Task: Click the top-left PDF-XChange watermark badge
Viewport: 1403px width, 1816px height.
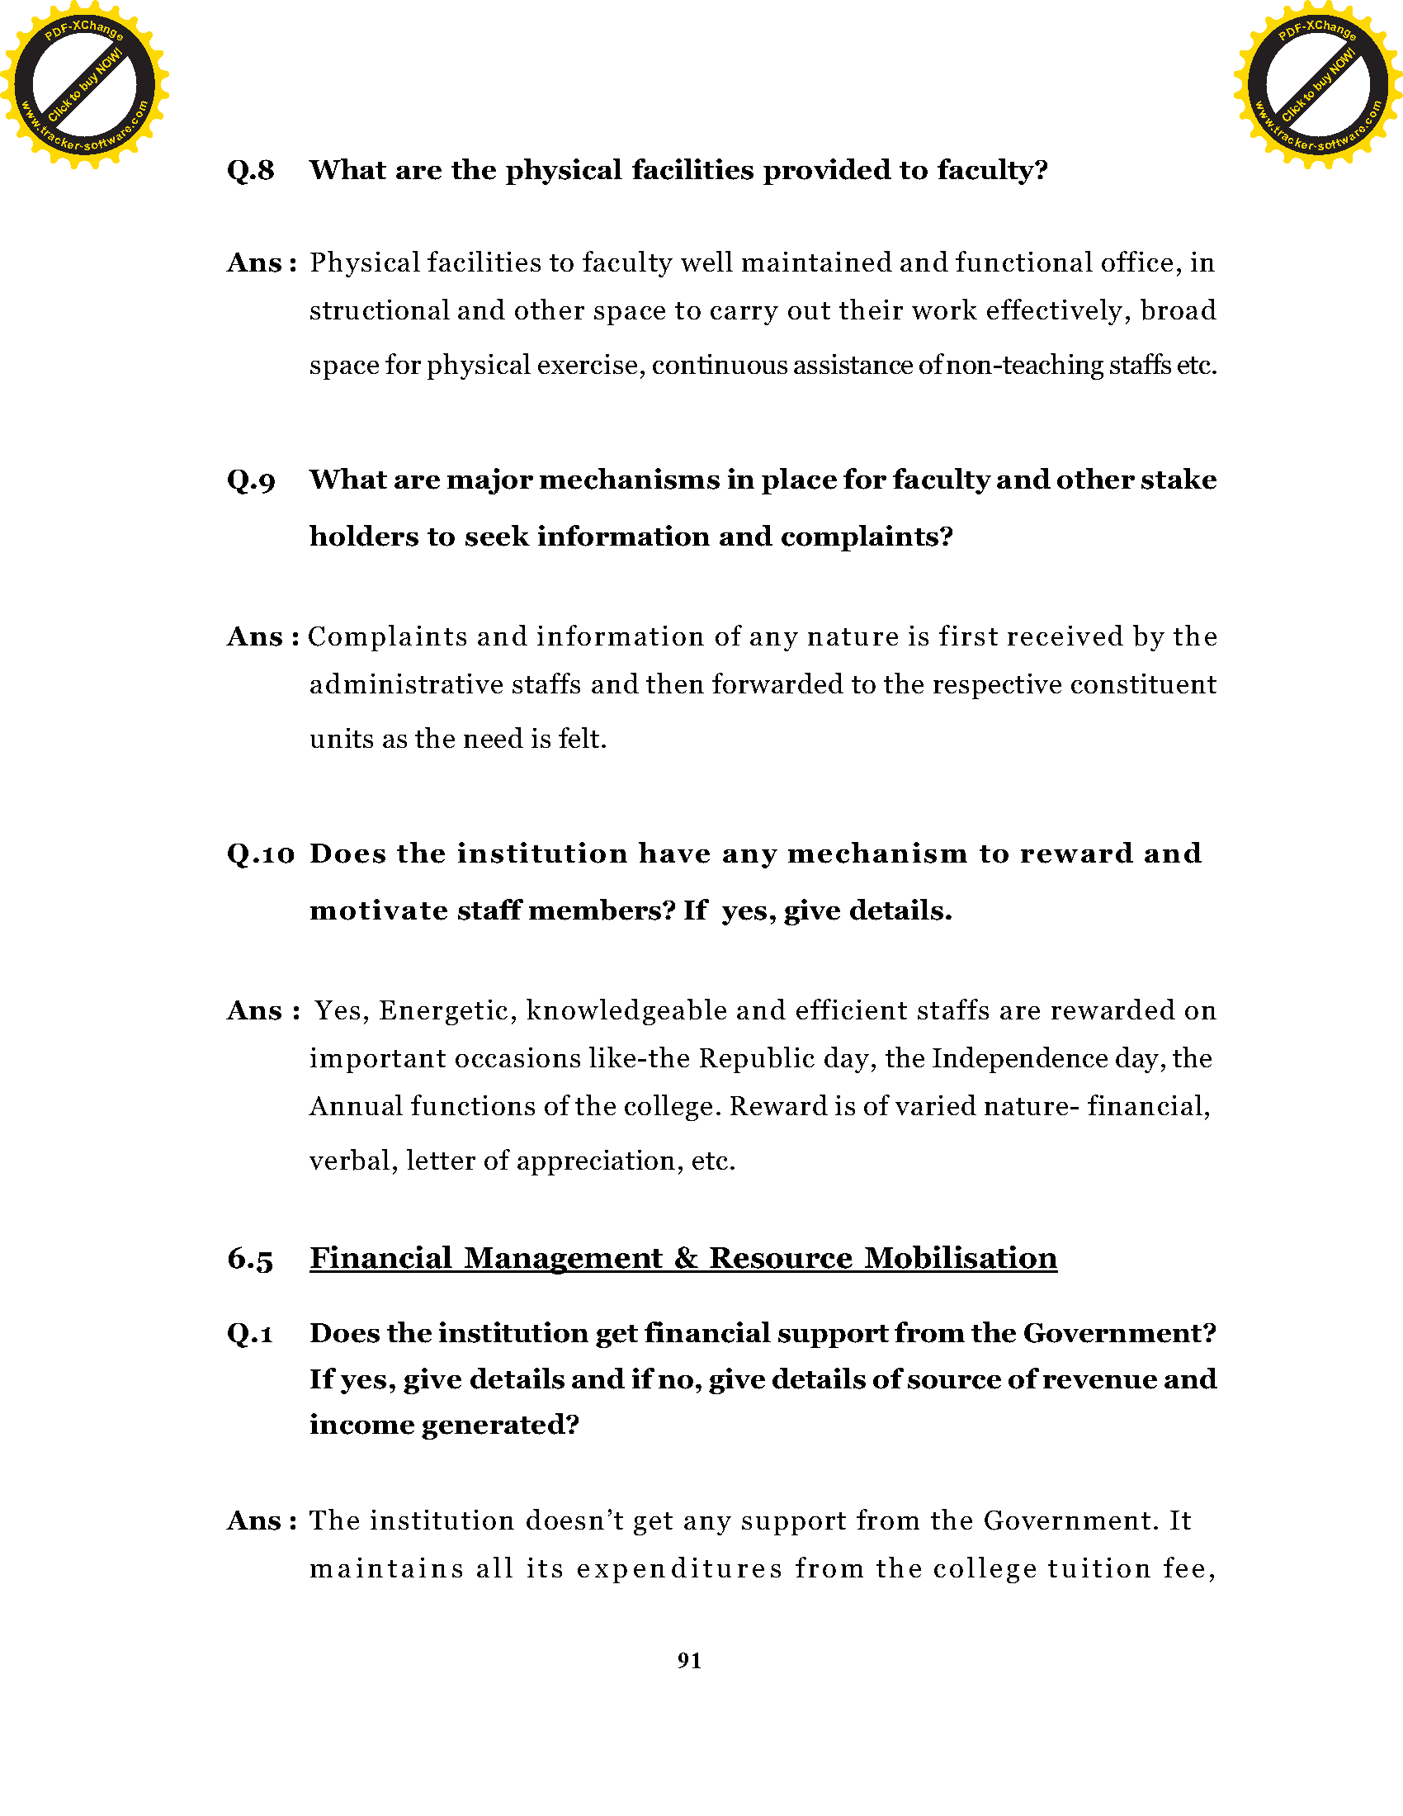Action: [84, 84]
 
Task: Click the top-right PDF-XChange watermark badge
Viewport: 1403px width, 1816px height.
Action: [1317, 84]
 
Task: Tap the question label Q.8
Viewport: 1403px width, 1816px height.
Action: [250, 171]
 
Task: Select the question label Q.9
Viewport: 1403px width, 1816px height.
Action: [250, 480]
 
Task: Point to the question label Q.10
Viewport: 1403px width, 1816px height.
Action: [260, 854]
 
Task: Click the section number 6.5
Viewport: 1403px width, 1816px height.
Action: [249, 1259]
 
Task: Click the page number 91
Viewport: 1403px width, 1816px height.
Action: [689, 1662]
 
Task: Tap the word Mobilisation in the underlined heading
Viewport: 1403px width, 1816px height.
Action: [960, 1258]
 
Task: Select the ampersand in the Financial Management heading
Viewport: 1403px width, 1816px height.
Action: [686, 1258]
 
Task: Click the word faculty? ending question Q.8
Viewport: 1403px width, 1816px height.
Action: [992, 171]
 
